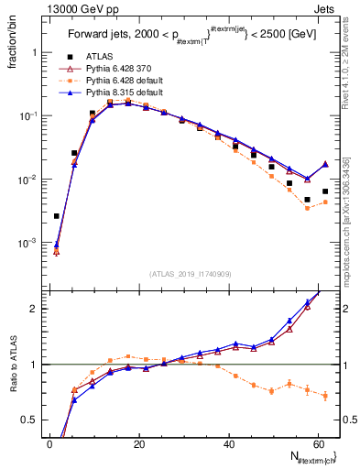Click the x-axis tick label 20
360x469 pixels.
click(138, 443)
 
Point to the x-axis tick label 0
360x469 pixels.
click(49, 443)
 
